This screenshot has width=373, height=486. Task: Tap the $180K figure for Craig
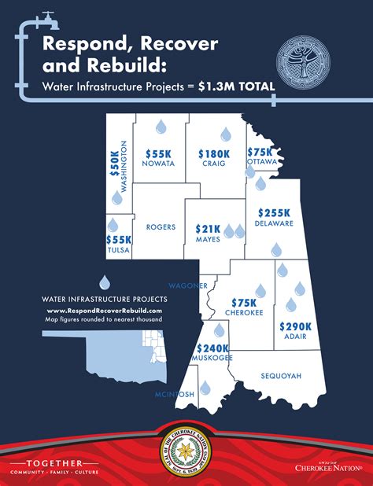pyautogui.click(x=213, y=154)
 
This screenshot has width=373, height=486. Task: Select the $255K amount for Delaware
pyautogui.click(x=273, y=212)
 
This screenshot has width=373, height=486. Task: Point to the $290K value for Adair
pyautogui.click(x=296, y=326)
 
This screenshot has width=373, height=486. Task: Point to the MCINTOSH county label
pyautogui.click(x=175, y=394)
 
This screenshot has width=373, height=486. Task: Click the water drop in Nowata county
pyautogui.click(x=161, y=126)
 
